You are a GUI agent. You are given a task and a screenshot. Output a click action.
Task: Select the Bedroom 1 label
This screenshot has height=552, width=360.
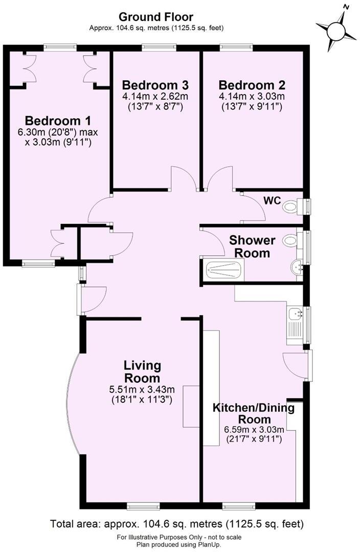tap(58, 121)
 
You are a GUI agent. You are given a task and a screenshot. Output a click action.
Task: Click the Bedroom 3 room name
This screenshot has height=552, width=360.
tap(155, 85)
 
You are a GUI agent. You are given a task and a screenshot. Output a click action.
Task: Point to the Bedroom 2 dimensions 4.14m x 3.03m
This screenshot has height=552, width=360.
tap(252, 97)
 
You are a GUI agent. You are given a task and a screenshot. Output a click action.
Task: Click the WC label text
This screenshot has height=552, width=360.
tap(272, 200)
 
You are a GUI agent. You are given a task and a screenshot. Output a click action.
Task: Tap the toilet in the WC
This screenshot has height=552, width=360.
tap(292, 206)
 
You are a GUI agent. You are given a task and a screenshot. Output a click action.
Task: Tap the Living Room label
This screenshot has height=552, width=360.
tap(142, 372)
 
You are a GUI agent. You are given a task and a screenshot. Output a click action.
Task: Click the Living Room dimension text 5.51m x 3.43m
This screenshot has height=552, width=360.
tap(142, 389)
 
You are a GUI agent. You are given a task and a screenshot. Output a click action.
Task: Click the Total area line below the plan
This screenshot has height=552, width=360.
tap(177, 524)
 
